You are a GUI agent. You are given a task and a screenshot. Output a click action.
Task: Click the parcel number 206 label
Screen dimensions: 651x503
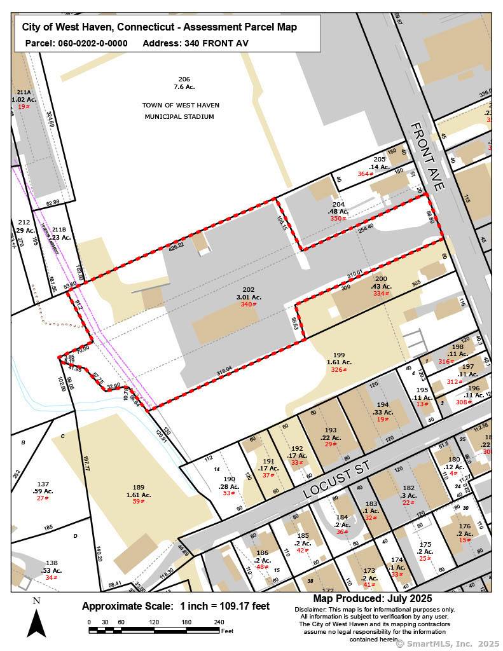tap(184, 79)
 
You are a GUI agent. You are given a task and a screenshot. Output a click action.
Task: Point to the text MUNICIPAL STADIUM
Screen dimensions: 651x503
tap(179, 117)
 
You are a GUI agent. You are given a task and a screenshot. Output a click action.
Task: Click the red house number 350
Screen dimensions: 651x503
tap(338, 219)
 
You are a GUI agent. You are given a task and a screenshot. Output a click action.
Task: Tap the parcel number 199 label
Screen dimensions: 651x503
tap(339, 355)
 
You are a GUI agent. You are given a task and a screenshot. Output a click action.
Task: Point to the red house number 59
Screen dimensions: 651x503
tap(137, 502)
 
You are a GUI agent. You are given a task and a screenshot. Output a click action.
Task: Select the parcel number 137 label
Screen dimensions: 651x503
tap(42, 484)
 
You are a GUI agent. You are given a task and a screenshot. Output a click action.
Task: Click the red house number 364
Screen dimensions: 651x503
tap(364, 174)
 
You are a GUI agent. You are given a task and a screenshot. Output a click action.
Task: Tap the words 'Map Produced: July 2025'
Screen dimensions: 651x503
tap(372, 599)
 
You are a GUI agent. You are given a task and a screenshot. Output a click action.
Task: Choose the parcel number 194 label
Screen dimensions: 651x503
tap(383, 404)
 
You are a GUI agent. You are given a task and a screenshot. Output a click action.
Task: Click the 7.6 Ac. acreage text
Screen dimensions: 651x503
tap(184, 86)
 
